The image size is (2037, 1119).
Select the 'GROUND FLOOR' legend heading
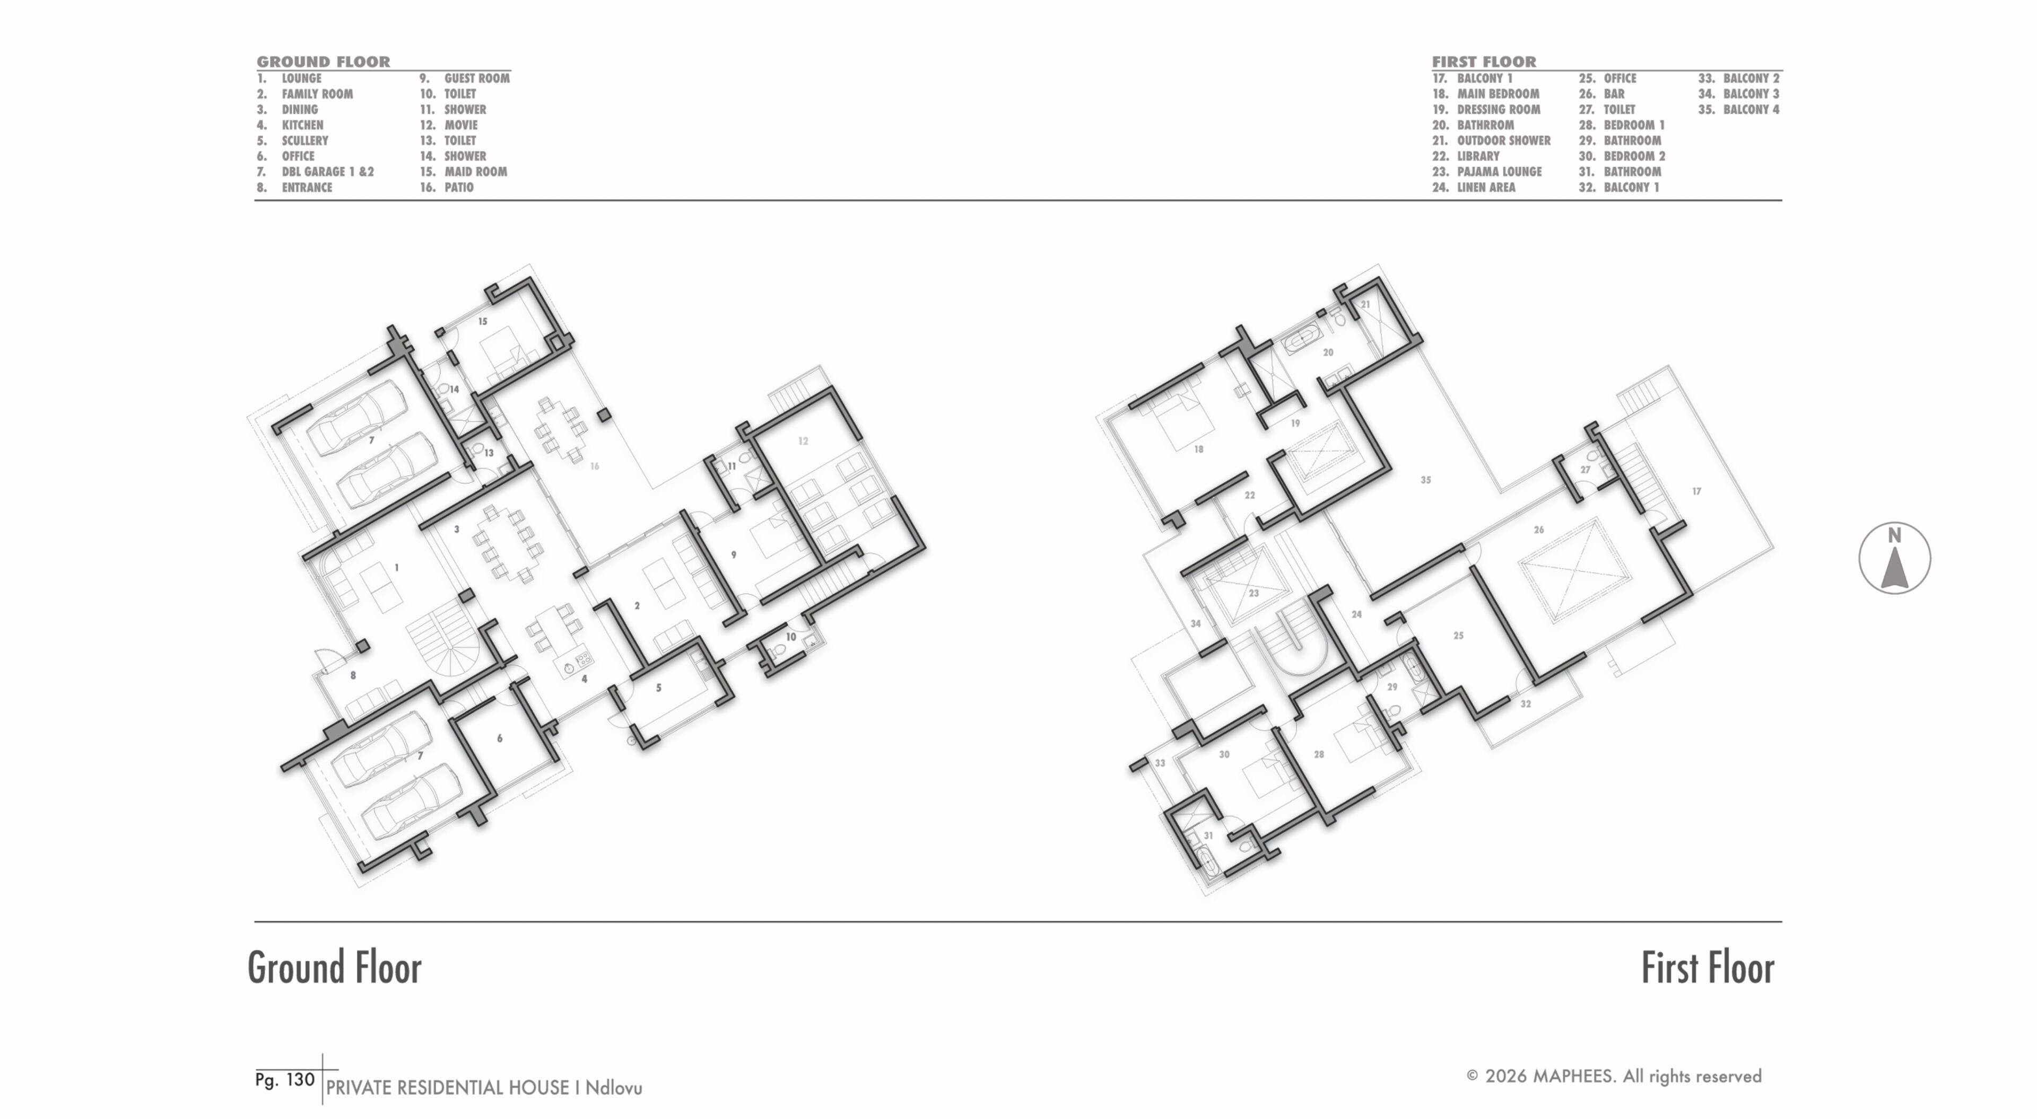(324, 61)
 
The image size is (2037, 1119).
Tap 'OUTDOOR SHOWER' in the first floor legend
(1503, 140)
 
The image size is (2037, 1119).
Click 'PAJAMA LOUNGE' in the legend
(1499, 172)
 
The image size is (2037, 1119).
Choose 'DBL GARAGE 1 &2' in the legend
(327, 172)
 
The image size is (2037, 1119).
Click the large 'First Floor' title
(1707, 968)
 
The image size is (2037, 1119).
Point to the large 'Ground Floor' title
(335, 968)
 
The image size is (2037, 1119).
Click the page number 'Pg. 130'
(285, 1079)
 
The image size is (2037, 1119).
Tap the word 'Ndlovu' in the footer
(614, 1088)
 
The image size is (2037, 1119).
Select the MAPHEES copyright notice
(1614, 1076)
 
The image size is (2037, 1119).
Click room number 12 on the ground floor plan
(803, 441)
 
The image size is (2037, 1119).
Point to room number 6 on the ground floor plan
(500, 738)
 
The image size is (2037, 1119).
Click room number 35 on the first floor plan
(1426, 480)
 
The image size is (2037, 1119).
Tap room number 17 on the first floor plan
(1696, 491)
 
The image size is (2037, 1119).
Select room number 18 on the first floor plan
(1199, 449)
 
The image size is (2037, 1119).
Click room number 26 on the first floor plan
(1539, 530)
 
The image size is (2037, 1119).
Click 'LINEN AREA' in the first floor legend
(1486, 187)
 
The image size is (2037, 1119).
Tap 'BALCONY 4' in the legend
(1751, 110)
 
